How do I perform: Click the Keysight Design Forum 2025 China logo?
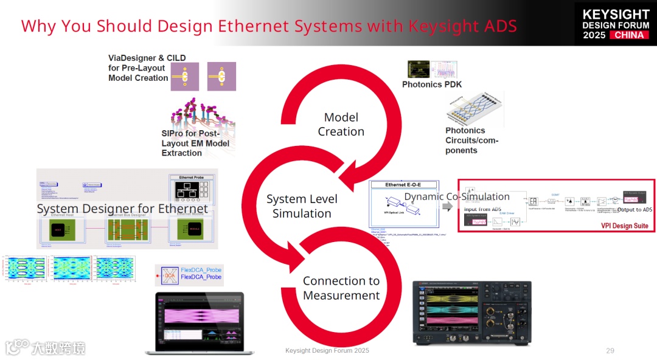pos(615,24)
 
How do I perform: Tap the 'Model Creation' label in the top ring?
pos(341,125)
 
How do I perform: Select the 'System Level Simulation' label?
pos(302,206)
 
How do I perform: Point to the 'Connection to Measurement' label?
pos(341,288)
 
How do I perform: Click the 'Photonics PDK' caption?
pos(432,85)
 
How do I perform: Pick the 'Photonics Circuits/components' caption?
pos(471,140)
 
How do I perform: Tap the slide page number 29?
pos(610,351)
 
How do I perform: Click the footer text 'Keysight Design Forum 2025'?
pos(327,351)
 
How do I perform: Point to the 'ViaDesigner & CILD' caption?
pos(147,58)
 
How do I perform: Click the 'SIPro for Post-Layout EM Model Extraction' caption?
pos(195,144)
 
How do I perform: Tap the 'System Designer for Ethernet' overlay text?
pos(122,209)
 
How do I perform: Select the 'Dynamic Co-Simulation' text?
pos(457,196)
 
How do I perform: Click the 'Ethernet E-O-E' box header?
pos(403,184)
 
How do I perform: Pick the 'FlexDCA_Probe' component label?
pos(201,273)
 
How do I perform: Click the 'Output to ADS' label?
pos(634,210)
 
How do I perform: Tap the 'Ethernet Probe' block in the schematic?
pos(192,189)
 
